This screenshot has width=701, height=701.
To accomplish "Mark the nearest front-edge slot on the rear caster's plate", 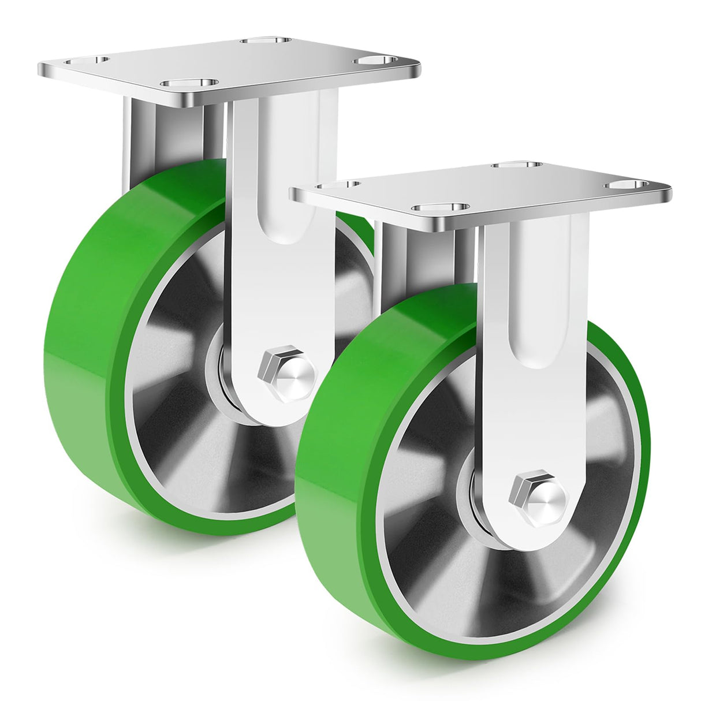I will coord(191,84).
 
